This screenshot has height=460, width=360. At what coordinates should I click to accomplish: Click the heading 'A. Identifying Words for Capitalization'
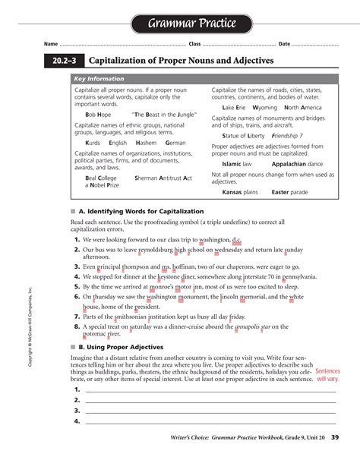141,210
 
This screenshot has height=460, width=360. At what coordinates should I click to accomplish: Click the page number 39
335,437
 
